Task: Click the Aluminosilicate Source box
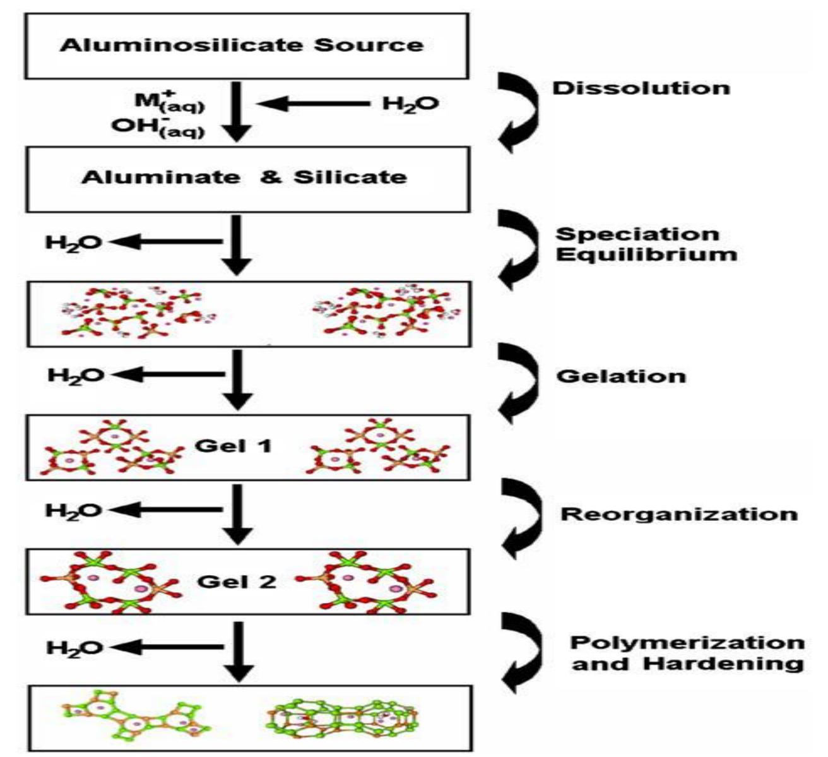coord(247,46)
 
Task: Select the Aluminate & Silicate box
coord(247,179)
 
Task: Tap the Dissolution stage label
coord(641,88)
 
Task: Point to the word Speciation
coord(637,234)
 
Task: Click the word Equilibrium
coord(646,254)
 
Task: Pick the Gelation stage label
coord(621,376)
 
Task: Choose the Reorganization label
coord(678,514)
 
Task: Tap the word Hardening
coord(723,664)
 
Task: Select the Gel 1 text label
coord(234,446)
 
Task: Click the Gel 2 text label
coord(237,581)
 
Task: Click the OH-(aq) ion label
coord(158,127)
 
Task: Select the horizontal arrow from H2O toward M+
coord(312,104)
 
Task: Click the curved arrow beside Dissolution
coord(518,113)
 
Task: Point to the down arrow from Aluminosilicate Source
coord(236,112)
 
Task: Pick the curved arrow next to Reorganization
coord(521,519)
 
